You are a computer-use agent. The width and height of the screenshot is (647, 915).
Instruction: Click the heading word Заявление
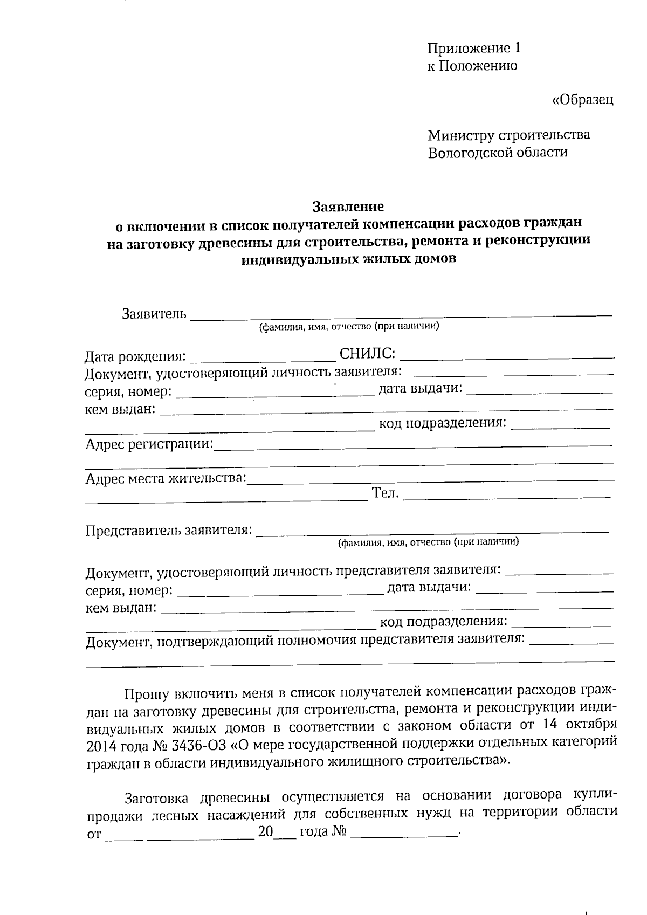348,207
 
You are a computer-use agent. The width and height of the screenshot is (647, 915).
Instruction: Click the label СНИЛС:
368,354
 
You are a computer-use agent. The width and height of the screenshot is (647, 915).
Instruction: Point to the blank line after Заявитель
402,315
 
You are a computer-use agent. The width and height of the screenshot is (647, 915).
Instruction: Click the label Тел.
385,492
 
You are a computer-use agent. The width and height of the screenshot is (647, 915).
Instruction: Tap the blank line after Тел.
507,496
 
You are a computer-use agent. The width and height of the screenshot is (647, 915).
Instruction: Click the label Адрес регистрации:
149,444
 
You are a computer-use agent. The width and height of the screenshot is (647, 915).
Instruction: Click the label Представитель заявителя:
169,531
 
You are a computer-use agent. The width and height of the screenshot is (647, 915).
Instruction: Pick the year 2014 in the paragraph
102,745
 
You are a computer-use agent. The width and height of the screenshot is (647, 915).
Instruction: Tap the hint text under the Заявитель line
348,327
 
